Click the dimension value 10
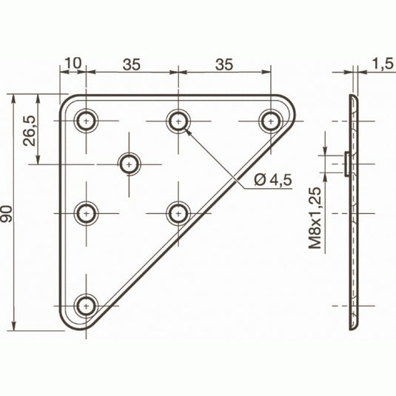(72, 64)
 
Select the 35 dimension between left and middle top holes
(132, 64)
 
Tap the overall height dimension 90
(8, 214)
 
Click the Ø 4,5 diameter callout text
(274, 179)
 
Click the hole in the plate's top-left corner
(87, 119)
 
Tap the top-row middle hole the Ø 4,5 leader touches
(176, 119)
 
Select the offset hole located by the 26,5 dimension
(131, 162)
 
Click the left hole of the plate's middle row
(87, 213)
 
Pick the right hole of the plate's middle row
(176, 213)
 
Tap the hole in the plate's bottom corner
(87, 304)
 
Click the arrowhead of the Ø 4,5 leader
(186, 130)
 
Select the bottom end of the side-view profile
(354, 326)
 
